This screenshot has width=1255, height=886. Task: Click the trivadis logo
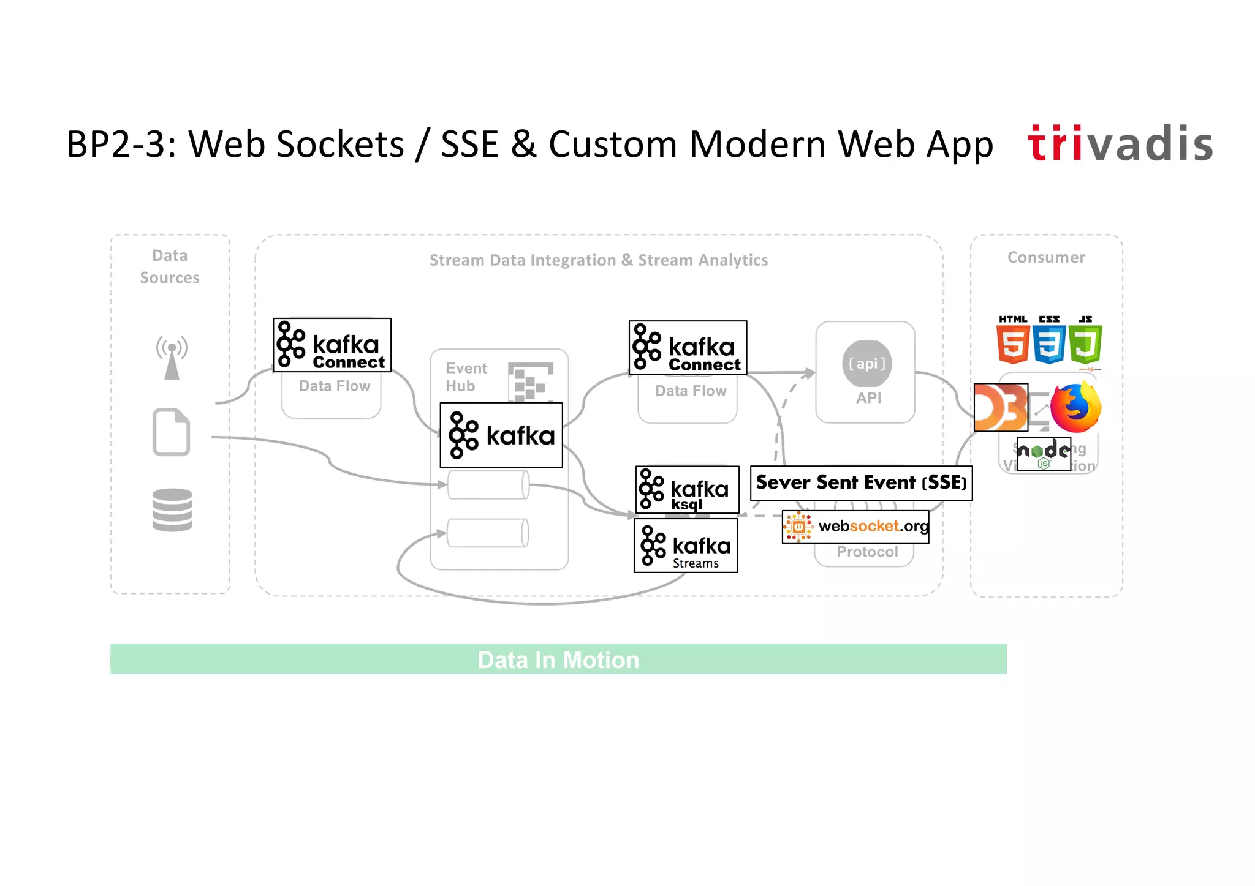(1120, 144)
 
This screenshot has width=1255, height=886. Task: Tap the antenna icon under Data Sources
(172, 358)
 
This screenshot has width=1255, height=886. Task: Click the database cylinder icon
(172, 509)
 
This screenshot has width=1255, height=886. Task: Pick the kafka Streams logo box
(685, 546)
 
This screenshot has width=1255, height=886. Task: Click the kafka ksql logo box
(687, 490)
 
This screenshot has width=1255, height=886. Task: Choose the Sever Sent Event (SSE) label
(861, 483)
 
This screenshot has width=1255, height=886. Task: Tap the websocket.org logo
(855, 527)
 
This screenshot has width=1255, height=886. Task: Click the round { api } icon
(866, 364)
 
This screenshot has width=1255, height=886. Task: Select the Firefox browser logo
(1075, 407)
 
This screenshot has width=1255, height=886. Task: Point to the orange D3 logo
(1001, 408)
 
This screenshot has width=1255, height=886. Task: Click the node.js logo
(1044, 454)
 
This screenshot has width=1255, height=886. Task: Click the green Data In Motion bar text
(558, 660)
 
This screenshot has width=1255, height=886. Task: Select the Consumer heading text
(1046, 258)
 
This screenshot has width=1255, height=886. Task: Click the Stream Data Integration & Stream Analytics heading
(598, 260)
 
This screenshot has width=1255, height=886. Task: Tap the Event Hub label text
(466, 377)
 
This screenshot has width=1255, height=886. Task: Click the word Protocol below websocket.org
(867, 552)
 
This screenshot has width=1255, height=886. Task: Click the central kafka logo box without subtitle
(501, 435)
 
